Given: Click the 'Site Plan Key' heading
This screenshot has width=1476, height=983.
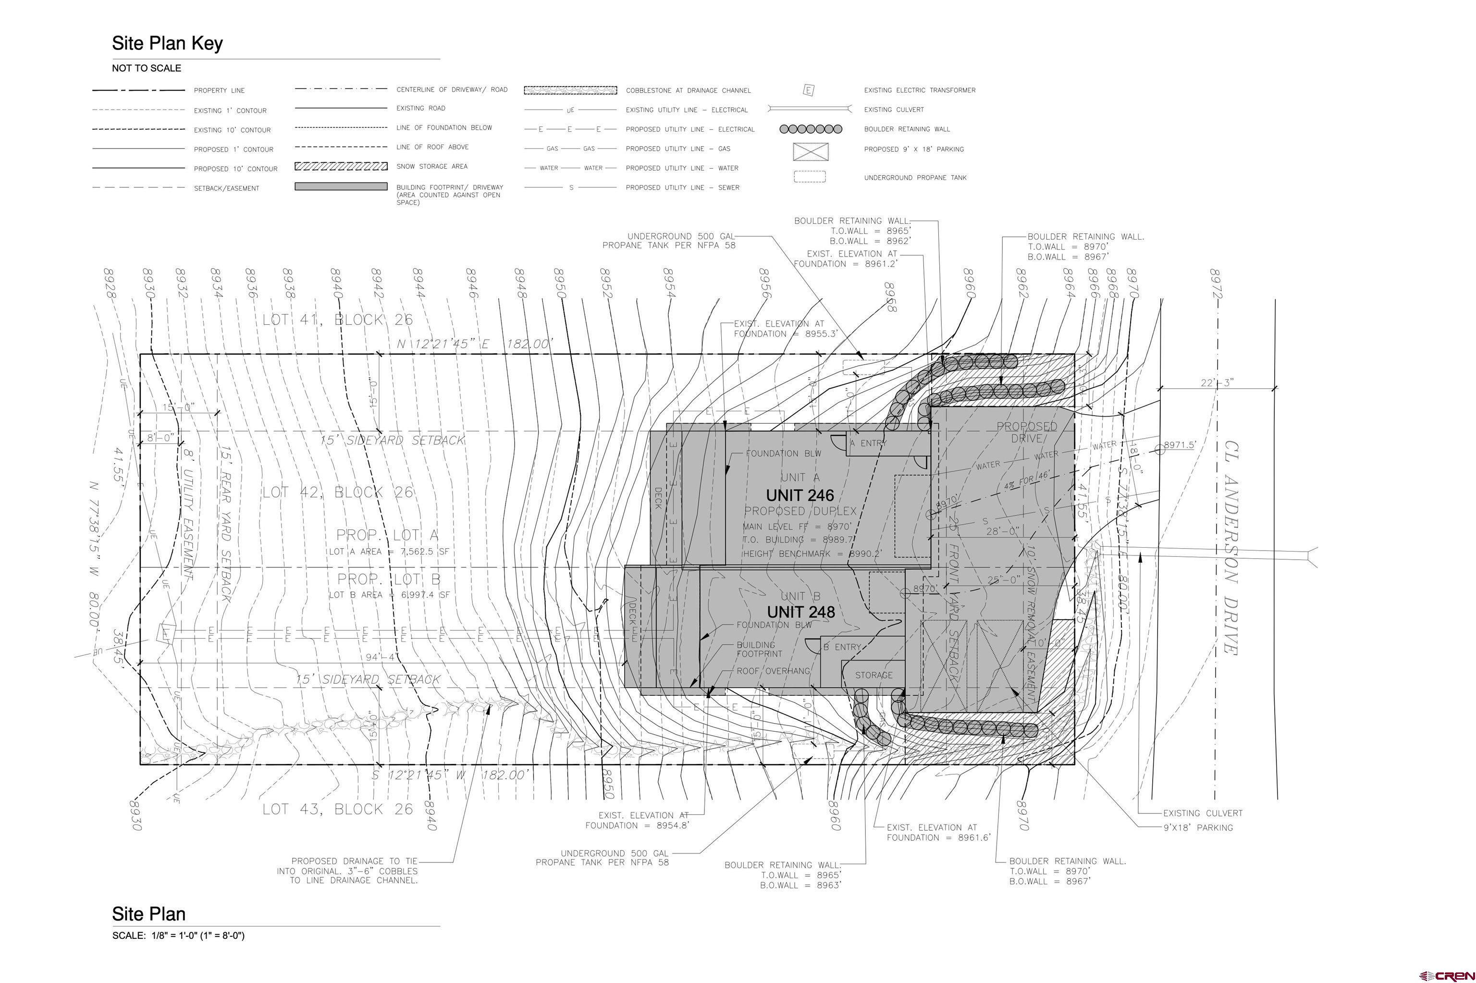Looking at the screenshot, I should tap(167, 43).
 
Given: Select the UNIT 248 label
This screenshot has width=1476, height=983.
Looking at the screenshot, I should tap(800, 612).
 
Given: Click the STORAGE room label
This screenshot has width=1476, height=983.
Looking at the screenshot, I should tap(873, 675).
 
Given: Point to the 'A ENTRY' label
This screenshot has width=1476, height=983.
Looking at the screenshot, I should tap(868, 443).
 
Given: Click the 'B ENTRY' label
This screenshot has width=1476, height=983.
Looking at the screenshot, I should tap(842, 647).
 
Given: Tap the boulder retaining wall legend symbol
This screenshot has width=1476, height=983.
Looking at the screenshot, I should tap(811, 129).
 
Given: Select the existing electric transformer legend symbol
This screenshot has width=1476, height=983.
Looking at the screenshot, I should tap(809, 90).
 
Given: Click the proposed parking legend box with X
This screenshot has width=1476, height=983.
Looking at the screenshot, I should tap(811, 151).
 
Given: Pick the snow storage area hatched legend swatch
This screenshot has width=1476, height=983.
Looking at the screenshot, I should tap(341, 167).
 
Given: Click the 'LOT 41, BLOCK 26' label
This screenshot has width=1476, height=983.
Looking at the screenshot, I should tap(337, 319).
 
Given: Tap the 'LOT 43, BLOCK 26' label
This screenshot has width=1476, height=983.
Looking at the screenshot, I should tap(337, 810).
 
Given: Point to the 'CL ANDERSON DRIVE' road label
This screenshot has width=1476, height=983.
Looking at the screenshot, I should tap(1231, 547).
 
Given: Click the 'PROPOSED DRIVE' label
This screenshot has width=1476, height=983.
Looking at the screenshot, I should tap(1027, 432).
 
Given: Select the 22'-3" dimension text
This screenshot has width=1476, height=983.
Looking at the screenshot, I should tap(1217, 382).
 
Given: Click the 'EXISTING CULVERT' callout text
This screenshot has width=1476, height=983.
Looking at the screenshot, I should tap(1202, 813).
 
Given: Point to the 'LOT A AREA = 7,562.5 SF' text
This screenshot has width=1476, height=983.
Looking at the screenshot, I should tap(389, 552).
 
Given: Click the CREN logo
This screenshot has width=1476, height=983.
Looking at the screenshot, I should tap(1447, 975).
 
